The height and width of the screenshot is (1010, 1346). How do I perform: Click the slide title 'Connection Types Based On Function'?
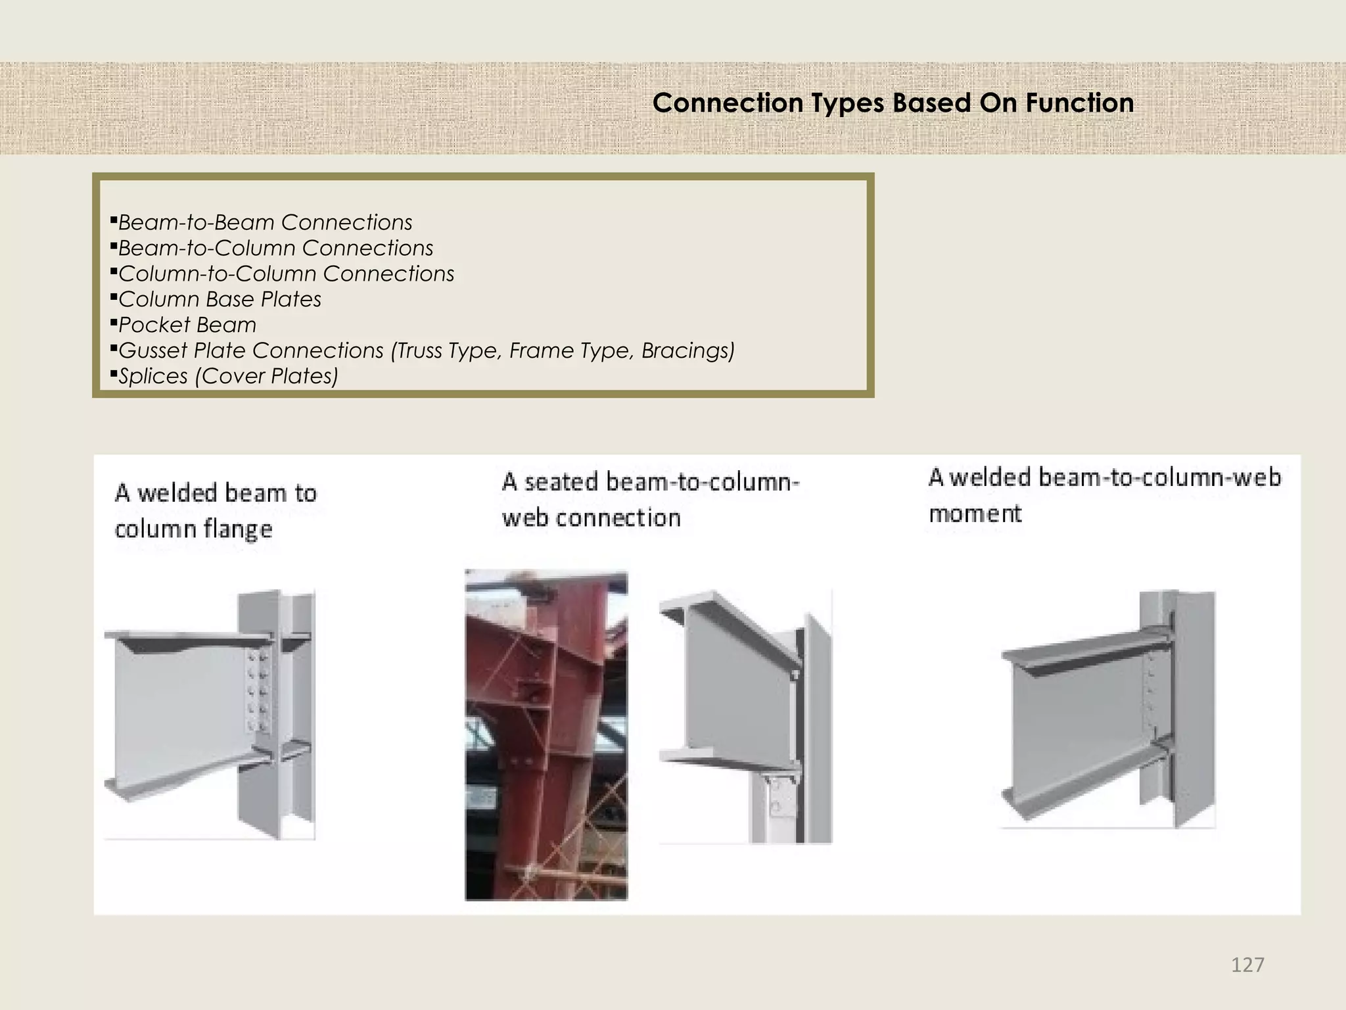(893, 103)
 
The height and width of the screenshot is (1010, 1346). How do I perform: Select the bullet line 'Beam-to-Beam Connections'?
(265, 222)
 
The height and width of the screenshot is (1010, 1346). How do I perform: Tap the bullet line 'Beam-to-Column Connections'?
(275, 248)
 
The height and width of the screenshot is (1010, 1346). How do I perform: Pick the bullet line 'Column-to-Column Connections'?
(286, 274)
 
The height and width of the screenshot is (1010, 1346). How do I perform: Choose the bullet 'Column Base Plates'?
(220, 299)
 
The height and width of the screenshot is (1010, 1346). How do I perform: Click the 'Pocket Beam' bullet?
(187, 325)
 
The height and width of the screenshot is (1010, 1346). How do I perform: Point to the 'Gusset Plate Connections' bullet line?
(426, 350)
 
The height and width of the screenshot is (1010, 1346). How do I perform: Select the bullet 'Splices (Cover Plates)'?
(228, 376)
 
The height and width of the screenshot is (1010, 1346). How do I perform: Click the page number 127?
(1247, 965)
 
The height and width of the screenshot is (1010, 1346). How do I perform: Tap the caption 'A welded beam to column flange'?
(215, 511)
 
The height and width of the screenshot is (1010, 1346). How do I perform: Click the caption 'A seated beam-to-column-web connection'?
(650, 500)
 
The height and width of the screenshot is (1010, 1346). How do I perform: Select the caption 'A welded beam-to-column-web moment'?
(1104, 494)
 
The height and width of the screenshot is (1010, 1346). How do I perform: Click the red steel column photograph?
(546, 734)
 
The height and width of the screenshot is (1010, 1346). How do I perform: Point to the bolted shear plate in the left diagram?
(257, 691)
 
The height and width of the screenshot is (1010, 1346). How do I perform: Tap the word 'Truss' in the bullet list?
(419, 350)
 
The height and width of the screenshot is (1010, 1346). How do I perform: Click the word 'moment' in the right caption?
(975, 513)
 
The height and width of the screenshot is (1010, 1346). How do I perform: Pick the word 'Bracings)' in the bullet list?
(687, 350)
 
